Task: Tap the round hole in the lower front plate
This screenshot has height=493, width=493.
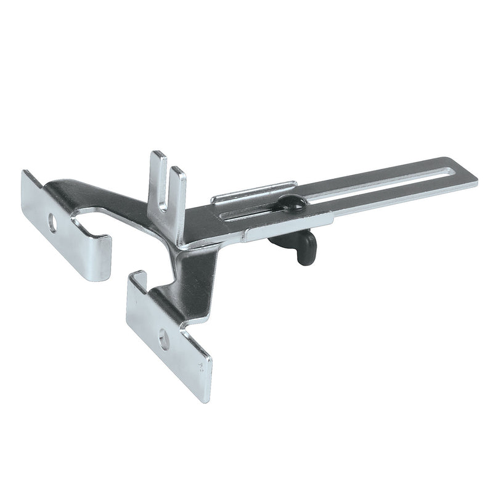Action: pos(163,337)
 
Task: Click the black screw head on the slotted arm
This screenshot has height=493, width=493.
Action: pos(291,203)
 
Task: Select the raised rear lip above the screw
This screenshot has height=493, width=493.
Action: pos(253,193)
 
